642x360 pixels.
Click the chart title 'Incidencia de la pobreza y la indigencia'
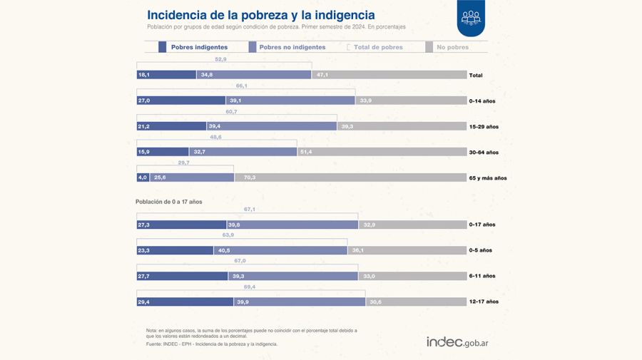(x=260, y=15)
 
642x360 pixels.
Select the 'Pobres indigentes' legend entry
(x=194, y=47)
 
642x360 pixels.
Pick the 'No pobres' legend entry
(x=452, y=47)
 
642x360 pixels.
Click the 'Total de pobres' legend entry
(x=377, y=47)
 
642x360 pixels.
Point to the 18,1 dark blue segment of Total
(x=166, y=75)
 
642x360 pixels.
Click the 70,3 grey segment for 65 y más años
(x=350, y=178)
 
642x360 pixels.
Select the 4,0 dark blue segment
(x=143, y=178)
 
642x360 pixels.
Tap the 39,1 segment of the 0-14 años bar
(x=290, y=101)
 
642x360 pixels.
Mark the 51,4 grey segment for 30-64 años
(x=381, y=152)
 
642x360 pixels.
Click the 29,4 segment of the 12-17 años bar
(x=185, y=302)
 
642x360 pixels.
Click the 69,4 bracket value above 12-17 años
(x=250, y=286)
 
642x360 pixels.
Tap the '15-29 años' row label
(x=483, y=126)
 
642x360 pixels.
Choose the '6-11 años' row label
(x=482, y=276)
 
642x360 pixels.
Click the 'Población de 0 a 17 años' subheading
(x=169, y=202)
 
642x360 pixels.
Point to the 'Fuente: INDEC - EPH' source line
(x=211, y=344)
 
